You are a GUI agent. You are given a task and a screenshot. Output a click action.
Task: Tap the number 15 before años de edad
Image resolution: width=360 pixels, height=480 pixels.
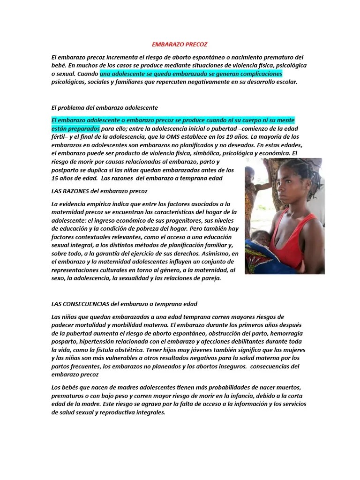pyautogui.click(x=55, y=178)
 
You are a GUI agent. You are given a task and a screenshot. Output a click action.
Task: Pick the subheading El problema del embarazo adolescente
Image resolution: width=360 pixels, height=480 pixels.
pyautogui.click(x=104, y=107)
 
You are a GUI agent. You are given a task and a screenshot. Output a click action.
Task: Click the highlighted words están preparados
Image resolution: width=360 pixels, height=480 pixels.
pyautogui.click(x=75, y=128)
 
